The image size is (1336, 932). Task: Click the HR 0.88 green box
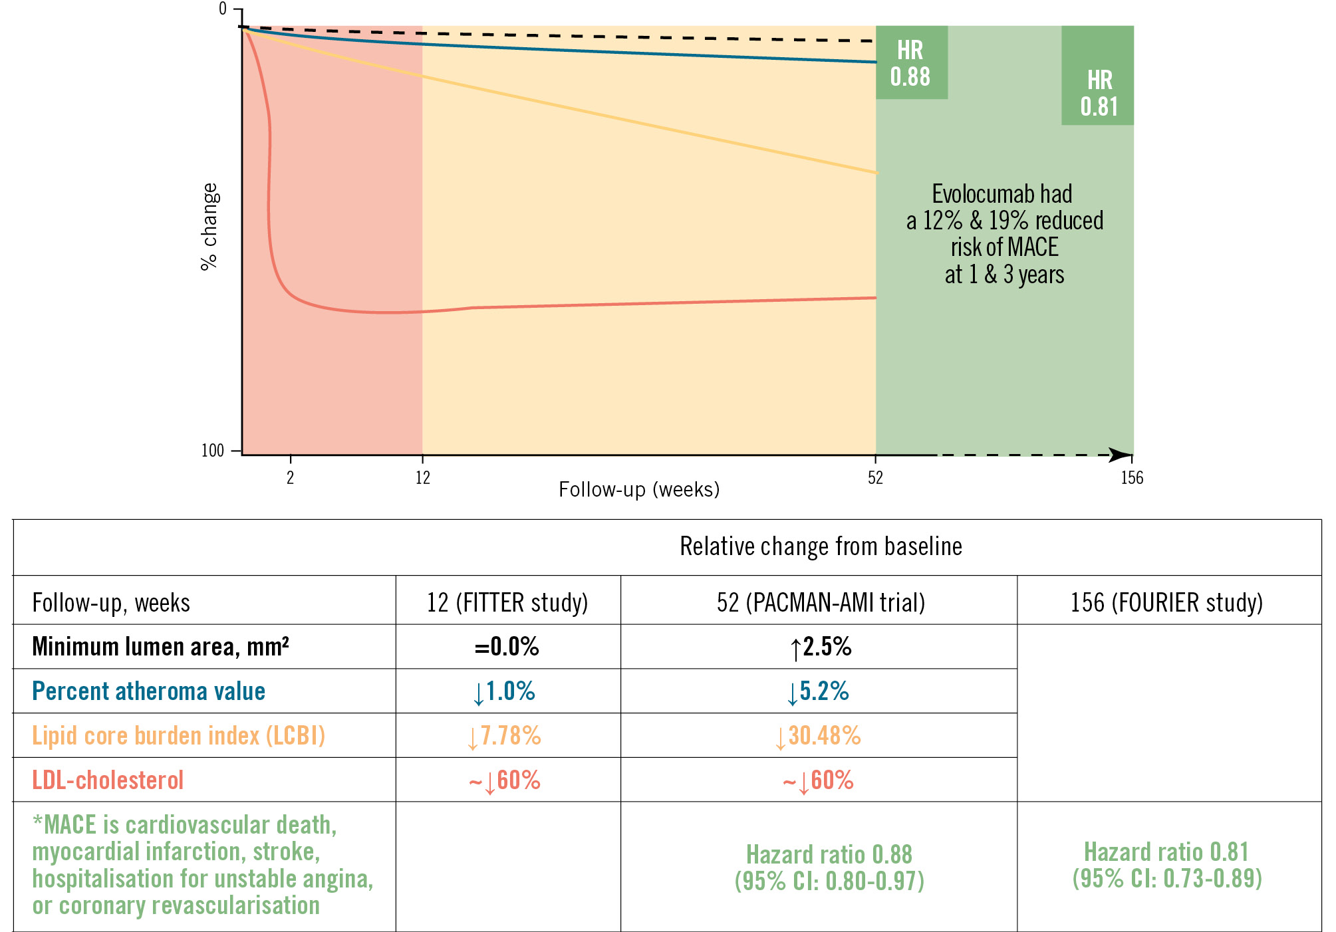910,63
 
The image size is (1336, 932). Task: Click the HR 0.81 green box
1099,93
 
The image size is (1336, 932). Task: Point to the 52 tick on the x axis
875,477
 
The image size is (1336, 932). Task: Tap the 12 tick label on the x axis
422,477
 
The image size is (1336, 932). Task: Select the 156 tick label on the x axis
1131,477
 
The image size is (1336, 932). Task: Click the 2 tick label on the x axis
290,477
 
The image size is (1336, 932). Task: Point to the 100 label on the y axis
213,451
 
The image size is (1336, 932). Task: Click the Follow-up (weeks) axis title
638,490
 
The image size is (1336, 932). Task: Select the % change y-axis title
209,227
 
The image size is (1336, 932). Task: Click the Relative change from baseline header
821,546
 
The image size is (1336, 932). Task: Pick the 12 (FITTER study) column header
507,602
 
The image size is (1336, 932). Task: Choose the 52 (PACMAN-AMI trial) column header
821,602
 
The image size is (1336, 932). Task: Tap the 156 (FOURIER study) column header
1166,602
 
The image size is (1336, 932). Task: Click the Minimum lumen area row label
160,646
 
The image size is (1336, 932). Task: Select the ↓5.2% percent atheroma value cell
818,691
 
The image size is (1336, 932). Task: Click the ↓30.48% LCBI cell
818,736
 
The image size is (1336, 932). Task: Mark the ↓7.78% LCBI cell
505,736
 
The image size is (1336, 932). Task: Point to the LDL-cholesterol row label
108,780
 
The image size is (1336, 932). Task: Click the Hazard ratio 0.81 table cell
1166,864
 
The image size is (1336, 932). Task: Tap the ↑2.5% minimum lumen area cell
821,646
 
